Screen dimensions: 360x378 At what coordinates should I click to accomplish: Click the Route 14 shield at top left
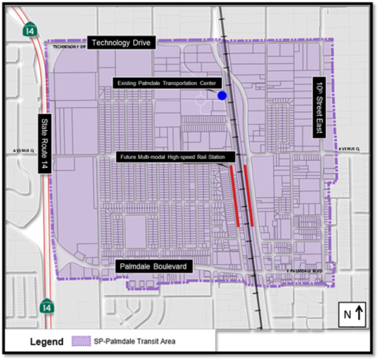pos(30,29)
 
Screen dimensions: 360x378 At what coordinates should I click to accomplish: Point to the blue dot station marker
pos(223,95)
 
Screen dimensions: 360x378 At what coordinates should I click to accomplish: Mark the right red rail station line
pos(248,194)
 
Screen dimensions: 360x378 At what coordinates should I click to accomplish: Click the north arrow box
pos(352,314)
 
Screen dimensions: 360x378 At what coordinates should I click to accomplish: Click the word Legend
pos(48,343)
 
